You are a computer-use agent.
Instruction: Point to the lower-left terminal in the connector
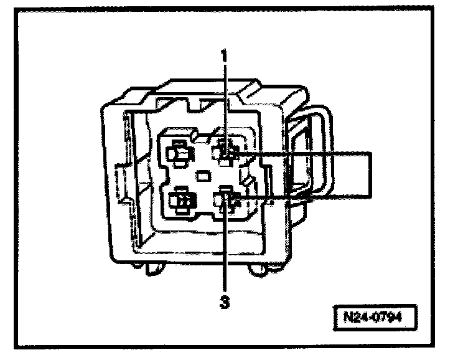point(181,200)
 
